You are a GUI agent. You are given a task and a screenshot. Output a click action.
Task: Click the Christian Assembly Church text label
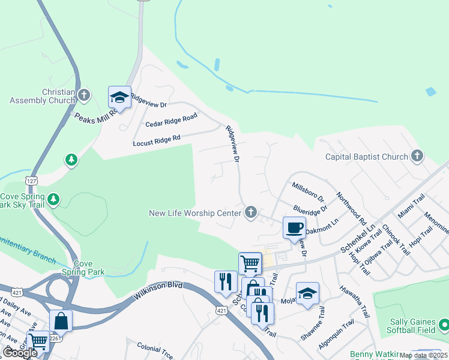click(42, 96)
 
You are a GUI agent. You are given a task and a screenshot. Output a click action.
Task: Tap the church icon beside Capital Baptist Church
click(417, 157)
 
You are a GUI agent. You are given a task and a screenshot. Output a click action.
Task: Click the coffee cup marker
click(294, 227)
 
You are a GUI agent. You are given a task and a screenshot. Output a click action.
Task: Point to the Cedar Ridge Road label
click(172, 122)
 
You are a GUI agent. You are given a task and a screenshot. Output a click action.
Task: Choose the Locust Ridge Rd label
click(157, 141)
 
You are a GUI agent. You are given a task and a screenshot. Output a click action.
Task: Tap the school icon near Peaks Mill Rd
click(119, 97)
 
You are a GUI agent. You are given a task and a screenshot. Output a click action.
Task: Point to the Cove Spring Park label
click(83, 268)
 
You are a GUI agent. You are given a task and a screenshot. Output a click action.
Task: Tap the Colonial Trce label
click(155, 346)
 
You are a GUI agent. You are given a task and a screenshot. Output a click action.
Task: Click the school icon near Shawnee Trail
click(308, 293)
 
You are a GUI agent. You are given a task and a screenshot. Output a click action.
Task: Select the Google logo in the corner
click(20, 353)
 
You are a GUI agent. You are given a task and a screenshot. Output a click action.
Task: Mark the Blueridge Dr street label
click(310, 211)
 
